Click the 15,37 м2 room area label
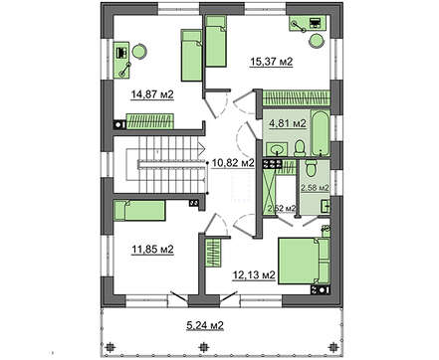click(272, 62)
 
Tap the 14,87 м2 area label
click(152, 94)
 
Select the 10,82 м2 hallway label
click(233, 162)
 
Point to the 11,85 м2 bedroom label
click(152, 250)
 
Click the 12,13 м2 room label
click(254, 274)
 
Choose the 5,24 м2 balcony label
click(204, 325)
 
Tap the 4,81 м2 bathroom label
click(288, 123)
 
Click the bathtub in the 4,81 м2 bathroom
click(321, 133)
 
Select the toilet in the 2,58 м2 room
click(311, 168)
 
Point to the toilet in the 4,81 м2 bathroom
click(300, 148)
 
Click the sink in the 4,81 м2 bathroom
click(277, 149)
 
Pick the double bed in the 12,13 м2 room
click(304, 261)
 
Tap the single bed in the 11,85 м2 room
click(139, 210)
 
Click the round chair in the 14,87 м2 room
click(139, 52)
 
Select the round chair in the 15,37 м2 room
click(317, 41)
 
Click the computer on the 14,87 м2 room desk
click(121, 53)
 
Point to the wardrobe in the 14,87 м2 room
click(150, 121)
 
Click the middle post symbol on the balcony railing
click(202, 347)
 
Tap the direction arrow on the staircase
click(201, 149)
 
